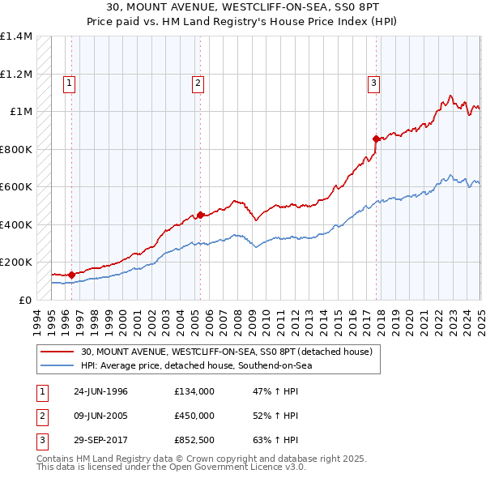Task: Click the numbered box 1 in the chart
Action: (69, 82)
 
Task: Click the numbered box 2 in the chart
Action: (197, 82)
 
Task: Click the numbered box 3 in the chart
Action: (373, 82)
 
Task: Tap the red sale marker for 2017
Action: (376, 139)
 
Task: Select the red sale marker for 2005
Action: (200, 215)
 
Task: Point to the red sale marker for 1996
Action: (71, 275)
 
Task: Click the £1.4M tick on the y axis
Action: (16, 36)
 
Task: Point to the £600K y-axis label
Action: (16, 186)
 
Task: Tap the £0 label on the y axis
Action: (24, 300)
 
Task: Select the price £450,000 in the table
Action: (194, 415)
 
